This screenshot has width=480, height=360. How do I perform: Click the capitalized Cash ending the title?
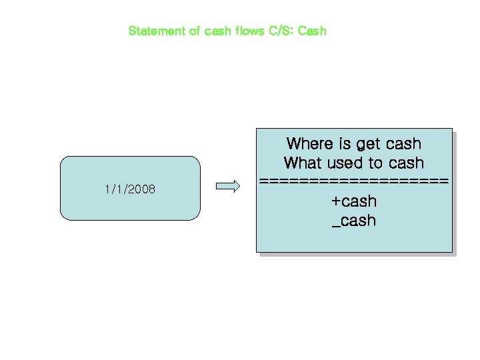(x=312, y=31)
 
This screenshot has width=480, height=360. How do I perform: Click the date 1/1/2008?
(x=130, y=189)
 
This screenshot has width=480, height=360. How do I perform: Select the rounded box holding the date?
(x=130, y=207)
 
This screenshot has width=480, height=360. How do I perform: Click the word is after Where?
(x=345, y=143)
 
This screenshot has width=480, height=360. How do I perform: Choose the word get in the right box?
(x=369, y=144)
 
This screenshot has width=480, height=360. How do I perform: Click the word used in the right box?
(x=345, y=163)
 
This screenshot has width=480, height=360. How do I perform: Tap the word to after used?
(x=377, y=163)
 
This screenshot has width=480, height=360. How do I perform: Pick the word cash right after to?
(x=406, y=163)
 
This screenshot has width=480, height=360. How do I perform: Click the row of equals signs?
(x=354, y=181)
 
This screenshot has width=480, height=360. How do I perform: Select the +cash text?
(x=354, y=201)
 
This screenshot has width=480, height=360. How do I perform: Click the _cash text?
(x=354, y=221)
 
